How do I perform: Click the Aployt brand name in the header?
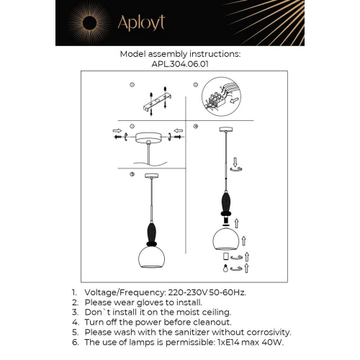coord(143,22)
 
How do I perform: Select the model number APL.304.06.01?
coord(180,63)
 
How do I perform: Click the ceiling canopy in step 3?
coord(149,135)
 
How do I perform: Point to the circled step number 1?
coord(132,86)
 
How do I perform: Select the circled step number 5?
coord(132,174)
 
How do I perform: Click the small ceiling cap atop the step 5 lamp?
coord(151,176)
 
